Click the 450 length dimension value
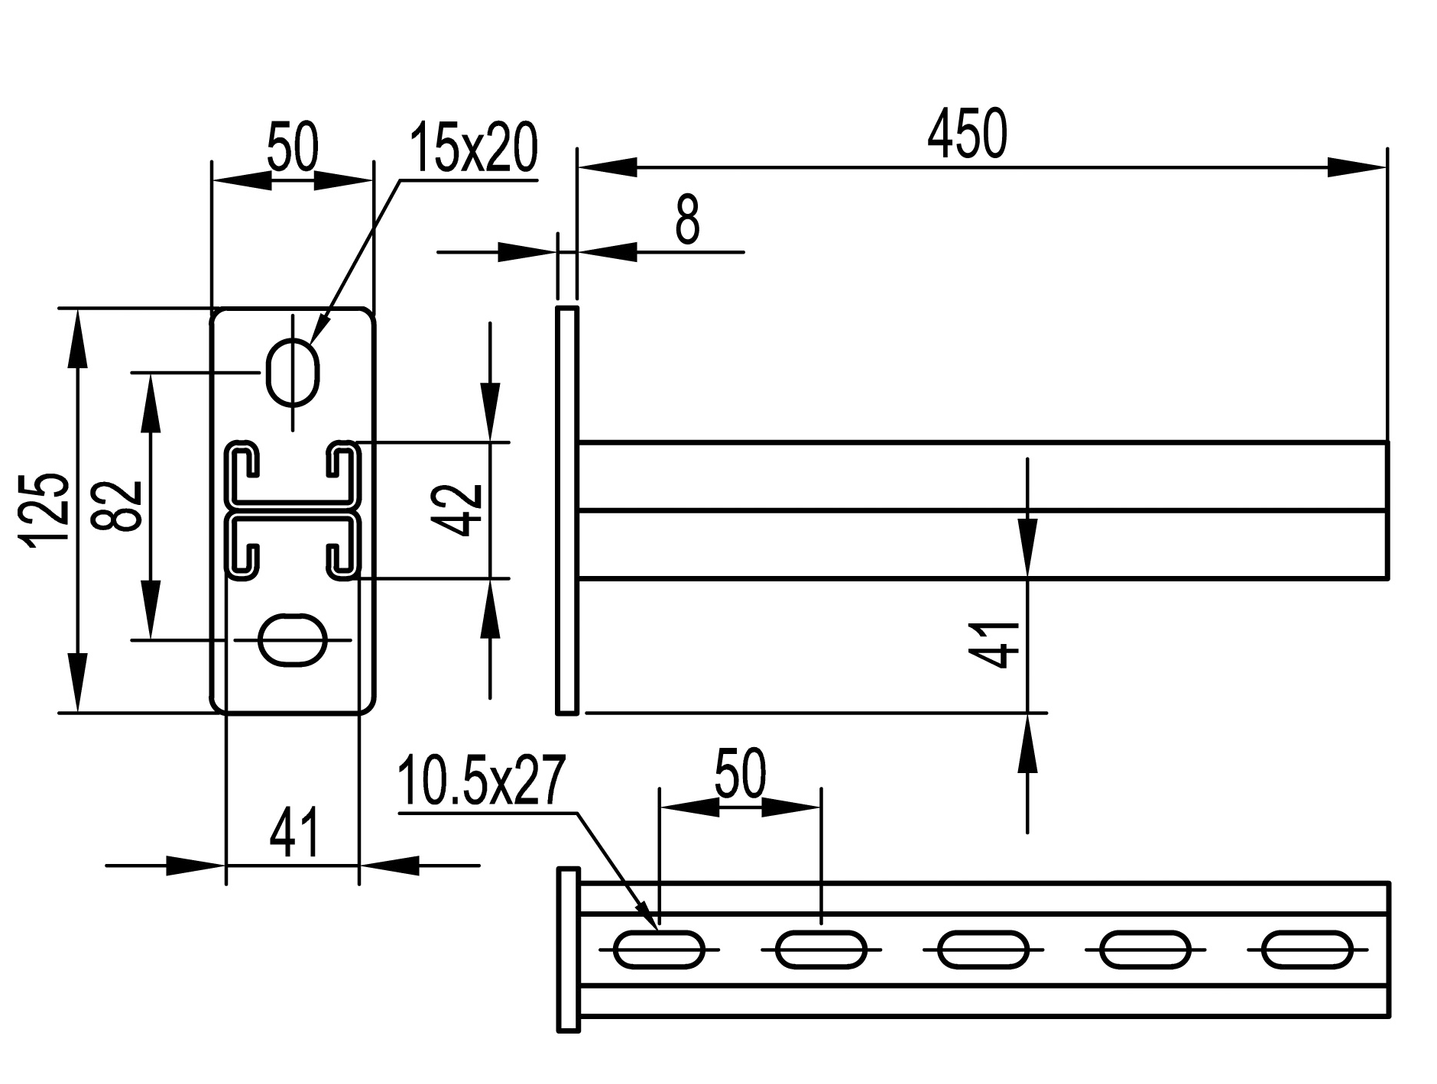[x=967, y=134]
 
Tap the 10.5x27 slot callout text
[x=481, y=781]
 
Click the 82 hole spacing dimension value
[x=117, y=506]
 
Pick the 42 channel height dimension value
[x=457, y=510]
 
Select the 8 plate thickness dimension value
[x=687, y=219]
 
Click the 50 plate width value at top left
[x=292, y=148]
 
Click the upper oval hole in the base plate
[x=292, y=372]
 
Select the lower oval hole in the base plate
[x=293, y=639]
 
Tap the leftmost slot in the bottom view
[x=658, y=950]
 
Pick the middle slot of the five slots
[x=983, y=950]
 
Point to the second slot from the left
[x=821, y=950]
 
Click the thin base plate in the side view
[x=566, y=510]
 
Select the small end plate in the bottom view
[x=568, y=950]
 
